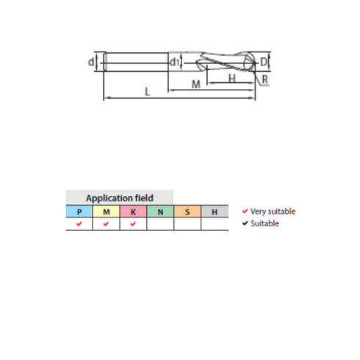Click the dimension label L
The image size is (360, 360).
click(148, 92)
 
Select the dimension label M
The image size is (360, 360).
click(195, 84)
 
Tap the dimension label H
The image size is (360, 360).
click(231, 78)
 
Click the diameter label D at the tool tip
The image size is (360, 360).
click(264, 62)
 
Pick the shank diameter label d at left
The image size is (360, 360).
click(91, 62)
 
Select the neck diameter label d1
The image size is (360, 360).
click(174, 62)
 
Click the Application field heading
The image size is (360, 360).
click(120, 198)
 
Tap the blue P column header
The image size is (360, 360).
click(79, 212)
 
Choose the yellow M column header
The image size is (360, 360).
click(107, 212)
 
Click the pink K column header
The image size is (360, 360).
click(133, 212)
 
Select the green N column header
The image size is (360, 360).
click(160, 212)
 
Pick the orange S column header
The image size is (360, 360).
click(187, 212)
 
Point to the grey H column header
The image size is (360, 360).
click(215, 212)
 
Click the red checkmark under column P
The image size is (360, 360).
click(79, 224)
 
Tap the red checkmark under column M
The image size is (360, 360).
click(107, 224)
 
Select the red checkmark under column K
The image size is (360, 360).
click(133, 224)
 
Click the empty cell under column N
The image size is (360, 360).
click(160, 224)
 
